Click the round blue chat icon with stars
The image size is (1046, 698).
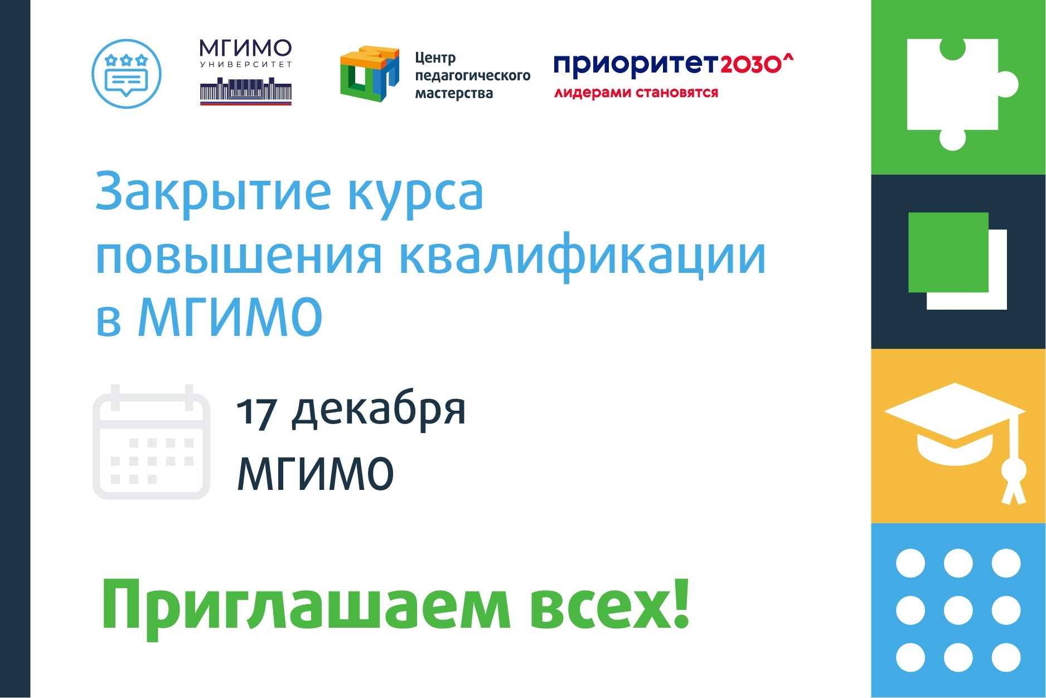click(x=127, y=74)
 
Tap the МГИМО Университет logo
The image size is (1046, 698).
click(x=246, y=72)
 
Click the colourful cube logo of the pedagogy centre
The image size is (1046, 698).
click(x=370, y=74)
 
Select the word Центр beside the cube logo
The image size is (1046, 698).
click(x=435, y=58)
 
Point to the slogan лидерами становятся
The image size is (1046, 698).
click(x=636, y=93)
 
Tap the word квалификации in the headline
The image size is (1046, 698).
click(x=583, y=256)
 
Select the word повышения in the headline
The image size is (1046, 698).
click(x=239, y=256)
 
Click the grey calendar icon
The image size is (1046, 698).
click(x=151, y=441)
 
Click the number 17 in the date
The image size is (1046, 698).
click(x=256, y=413)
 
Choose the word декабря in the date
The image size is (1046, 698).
click(x=379, y=410)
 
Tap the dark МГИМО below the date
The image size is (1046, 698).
click(x=316, y=473)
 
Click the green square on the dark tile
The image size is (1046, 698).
click(x=948, y=252)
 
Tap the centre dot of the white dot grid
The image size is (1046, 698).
click(x=958, y=610)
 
